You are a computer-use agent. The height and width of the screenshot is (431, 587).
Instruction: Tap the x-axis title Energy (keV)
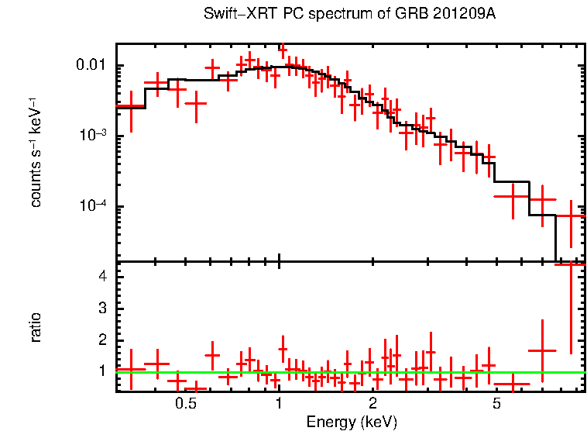tap(352, 422)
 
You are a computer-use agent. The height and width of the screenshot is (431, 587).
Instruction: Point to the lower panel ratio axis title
tap(36, 327)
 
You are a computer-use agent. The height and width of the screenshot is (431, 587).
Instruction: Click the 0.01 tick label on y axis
tap(95, 65)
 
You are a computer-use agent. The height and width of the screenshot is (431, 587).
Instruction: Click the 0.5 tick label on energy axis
tap(185, 404)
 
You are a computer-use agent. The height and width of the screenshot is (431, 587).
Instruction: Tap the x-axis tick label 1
tap(279, 404)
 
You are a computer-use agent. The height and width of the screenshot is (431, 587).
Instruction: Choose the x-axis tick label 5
tap(496, 404)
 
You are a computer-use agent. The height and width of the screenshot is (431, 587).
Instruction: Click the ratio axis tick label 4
tap(101, 276)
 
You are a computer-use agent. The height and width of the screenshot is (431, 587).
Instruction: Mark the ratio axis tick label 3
tap(101, 309)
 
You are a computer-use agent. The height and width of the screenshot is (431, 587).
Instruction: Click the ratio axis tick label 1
tap(101, 372)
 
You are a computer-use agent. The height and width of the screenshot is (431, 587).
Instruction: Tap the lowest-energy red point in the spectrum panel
tap(131, 106)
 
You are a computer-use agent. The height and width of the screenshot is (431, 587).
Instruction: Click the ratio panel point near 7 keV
tap(542, 350)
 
